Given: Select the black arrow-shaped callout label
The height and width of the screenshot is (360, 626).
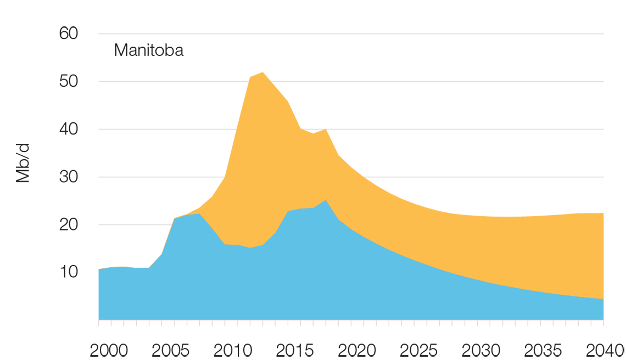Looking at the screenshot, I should (148, 54).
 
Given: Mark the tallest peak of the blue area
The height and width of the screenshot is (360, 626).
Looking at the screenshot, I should (326, 201).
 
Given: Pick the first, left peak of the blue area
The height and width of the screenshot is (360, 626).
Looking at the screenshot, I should (195, 215).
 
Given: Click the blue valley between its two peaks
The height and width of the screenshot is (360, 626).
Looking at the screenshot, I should (250, 247).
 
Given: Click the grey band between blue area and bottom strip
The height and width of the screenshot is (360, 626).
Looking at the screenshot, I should (329, 325).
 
